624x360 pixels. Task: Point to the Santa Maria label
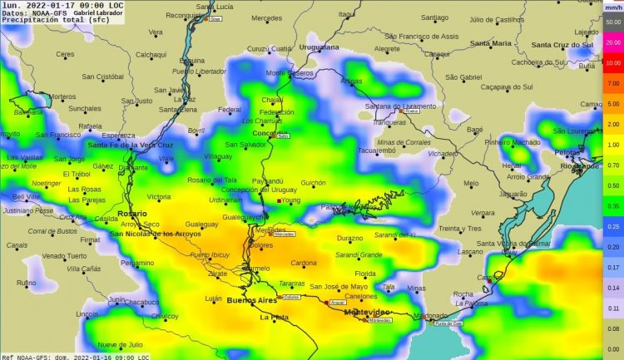tap(491, 43)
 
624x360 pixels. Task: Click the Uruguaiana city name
tap(319, 47)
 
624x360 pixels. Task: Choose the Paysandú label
tap(267, 180)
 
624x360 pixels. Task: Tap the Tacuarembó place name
tap(382, 150)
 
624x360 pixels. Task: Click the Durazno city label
tap(349, 238)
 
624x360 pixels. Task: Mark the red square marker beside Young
tap(279, 200)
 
